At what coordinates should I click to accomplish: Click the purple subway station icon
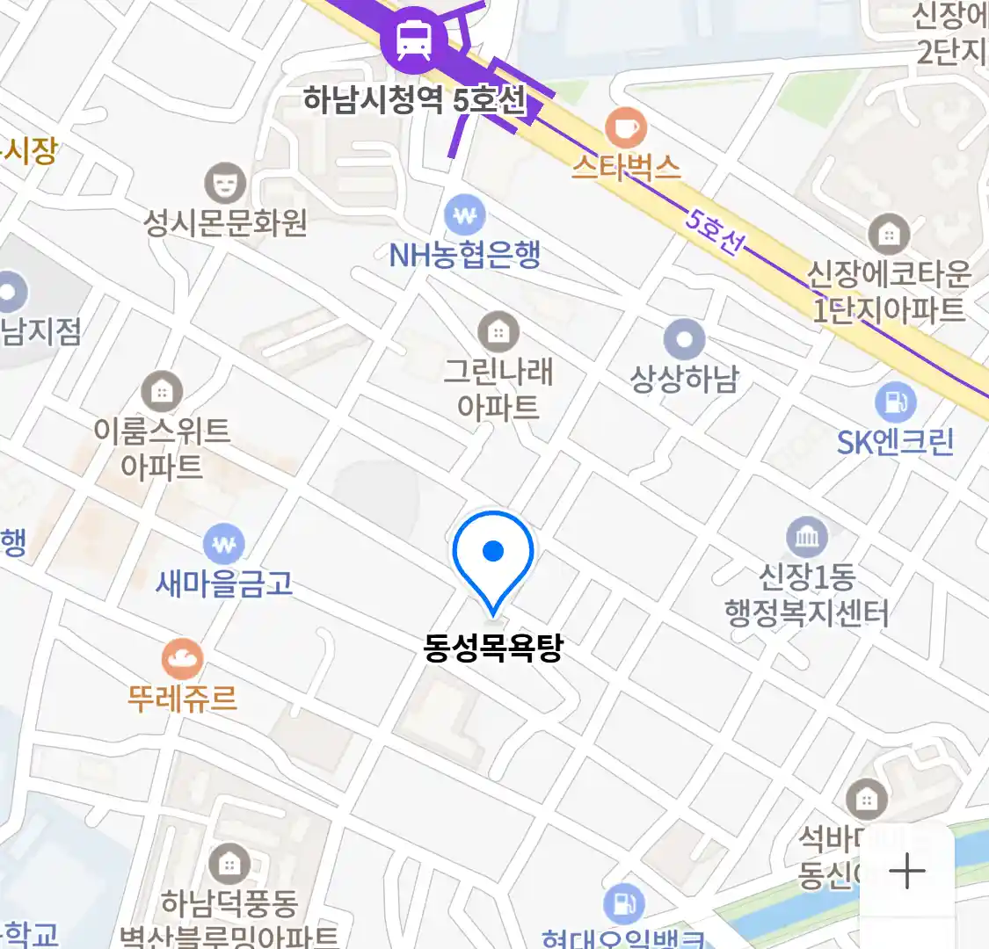pyautogui.click(x=413, y=39)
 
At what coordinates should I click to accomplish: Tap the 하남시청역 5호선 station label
pyautogui.click(x=414, y=100)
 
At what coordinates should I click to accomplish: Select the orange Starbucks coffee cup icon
pyautogui.click(x=626, y=128)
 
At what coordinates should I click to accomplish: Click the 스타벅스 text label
pyautogui.click(x=626, y=167)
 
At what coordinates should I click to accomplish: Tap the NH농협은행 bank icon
pyautogui.click(x=464, y=214)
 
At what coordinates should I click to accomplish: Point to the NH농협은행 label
pyautogui.click(x=464, y=256)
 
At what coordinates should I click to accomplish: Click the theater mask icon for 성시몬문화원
pyautogui.click(x=225, y=183)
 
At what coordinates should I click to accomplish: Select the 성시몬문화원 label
pyautogui.click(x=225, y=222)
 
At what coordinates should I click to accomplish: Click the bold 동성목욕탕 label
pyautogui.click(x=492, y=648)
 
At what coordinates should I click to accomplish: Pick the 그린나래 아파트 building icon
pyautogui.click(x=498, y=332)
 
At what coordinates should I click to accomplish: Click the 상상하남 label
pyautogui.click(x=684, y=380)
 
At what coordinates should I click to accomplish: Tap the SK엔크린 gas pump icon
pyautogui.click(x=895, y=403)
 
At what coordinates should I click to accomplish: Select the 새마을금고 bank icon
pyautogui.click(x=224, y=545)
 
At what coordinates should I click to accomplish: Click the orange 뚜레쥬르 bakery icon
pyautogui.click(x=182, y=659)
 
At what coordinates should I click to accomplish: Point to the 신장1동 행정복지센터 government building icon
pyautogui.click(x=807, y=537)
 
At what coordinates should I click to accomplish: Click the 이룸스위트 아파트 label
pyautogui.click(x=162, y=448)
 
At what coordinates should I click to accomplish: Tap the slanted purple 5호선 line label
pyautogui.click(x=712, y=230)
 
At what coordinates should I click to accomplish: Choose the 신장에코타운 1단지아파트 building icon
pyautogui.click(x=889, y=235)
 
